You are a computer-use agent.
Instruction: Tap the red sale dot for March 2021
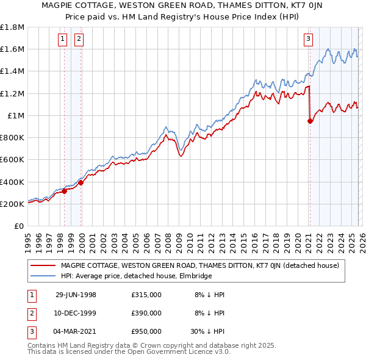tap(310, 121)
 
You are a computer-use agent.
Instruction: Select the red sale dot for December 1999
tap(81, 182)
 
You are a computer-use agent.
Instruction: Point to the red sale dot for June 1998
tap(65, 191)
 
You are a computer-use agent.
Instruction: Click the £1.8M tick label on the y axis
tap(12, 27)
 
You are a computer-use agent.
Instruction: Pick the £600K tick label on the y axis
tap(12, 160)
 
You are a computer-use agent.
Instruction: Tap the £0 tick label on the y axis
tap(19, 226)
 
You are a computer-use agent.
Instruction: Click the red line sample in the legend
tap(43, 265)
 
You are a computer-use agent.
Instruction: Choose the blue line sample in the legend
tap(43, 276)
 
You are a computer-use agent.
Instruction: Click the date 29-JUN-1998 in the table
tap(76, 295)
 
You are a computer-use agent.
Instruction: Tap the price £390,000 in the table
tap(146, 313)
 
